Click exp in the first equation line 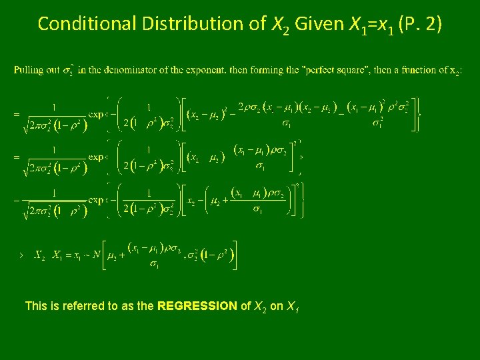tap(97, 114)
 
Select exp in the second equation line tap(97, 157)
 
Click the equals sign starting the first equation tap(16, 114)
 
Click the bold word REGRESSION tap(197, 307)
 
